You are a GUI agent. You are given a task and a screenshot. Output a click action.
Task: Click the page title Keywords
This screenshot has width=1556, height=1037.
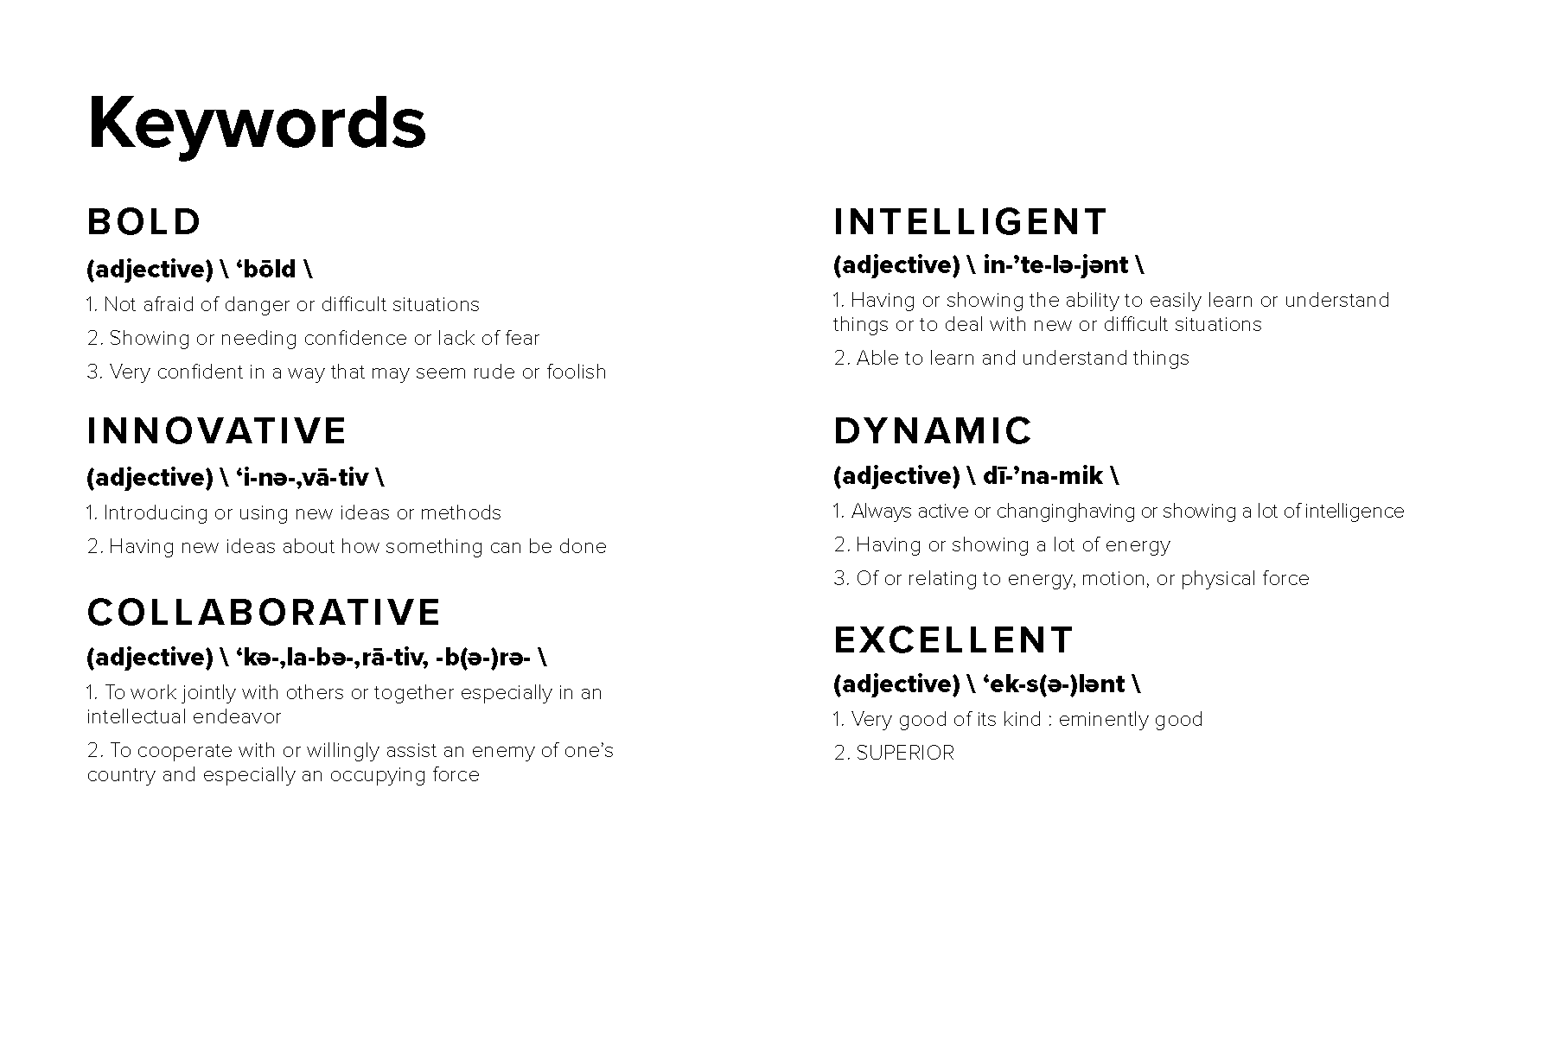(257, 124)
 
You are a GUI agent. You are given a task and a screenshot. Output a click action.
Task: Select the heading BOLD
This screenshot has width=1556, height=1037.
(144, 222)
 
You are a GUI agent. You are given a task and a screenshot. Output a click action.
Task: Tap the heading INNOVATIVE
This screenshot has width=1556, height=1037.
(217, 431)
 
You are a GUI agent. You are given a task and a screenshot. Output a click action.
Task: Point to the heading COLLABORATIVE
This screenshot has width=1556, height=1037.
(265, 612)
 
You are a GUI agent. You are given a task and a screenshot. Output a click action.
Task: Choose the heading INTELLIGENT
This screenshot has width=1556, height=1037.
(970, 222)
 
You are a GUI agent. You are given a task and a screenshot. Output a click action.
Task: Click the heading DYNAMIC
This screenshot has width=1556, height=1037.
(933, 431)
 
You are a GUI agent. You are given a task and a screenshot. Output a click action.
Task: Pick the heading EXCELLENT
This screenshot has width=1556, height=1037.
(953, 640)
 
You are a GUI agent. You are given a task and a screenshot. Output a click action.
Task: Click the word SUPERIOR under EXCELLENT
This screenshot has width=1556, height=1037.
(905, 753)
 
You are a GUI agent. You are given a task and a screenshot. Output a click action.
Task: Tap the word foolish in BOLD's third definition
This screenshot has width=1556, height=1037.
(577, 372)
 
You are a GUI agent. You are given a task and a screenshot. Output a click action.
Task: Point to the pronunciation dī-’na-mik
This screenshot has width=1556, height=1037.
(1043, 476)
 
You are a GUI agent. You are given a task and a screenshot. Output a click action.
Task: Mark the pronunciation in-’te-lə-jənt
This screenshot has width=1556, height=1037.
(1055, 265)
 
